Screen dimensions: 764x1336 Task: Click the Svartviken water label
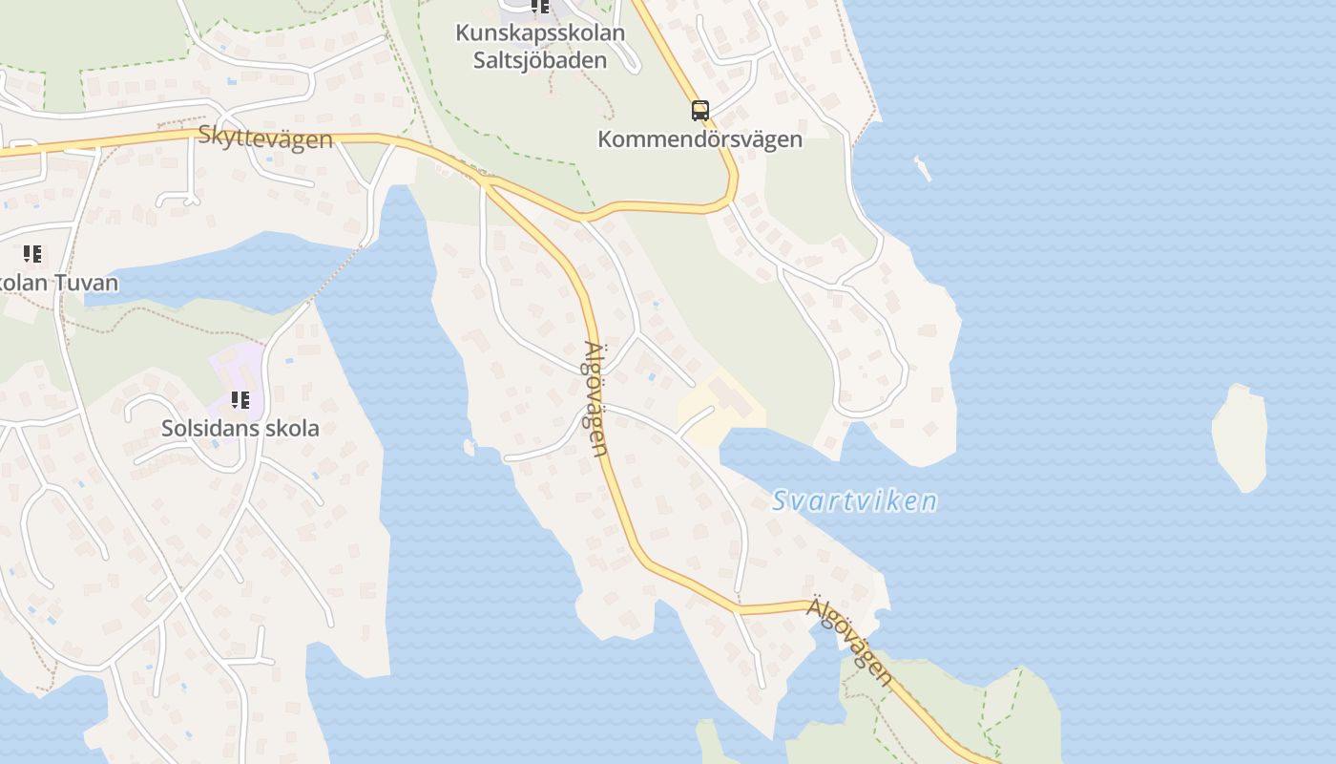[x=854, y=500]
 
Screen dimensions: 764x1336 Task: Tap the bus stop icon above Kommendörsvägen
[x=700, y=110]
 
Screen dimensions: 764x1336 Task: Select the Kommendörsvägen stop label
[x=699, y=139]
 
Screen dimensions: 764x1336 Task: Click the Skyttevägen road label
[x=265, y=137]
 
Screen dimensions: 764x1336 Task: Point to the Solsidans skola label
[x=240, y=428]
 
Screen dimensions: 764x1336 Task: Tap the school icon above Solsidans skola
[x=240, y=400]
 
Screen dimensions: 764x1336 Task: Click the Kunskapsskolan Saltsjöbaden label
[x=540, y=46]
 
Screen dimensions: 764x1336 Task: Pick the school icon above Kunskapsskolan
[x=540, y=7]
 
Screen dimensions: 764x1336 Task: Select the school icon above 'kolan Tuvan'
[x=32, y=254]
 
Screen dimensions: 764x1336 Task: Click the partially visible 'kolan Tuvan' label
[x=59, y=283]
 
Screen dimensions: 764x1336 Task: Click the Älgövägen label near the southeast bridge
[x=850, y=641]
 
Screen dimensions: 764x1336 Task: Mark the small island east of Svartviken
[x=1240, y=438]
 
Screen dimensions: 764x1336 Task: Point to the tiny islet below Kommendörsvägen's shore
[x=922, y=168]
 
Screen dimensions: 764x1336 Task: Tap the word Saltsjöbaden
[x=540, y=60]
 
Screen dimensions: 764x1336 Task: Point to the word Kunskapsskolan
[x=540, y=32]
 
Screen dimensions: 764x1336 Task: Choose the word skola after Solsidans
[x=292, y=428]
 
